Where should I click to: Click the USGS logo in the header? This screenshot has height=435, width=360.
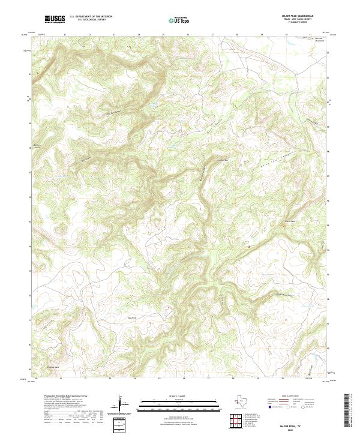coord(55,20)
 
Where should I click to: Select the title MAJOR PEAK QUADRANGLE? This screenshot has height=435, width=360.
coord(302,16)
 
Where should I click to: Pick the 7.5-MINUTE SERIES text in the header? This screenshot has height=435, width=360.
coord(303,24)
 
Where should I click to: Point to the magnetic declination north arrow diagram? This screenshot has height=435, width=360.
coord(122,401)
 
